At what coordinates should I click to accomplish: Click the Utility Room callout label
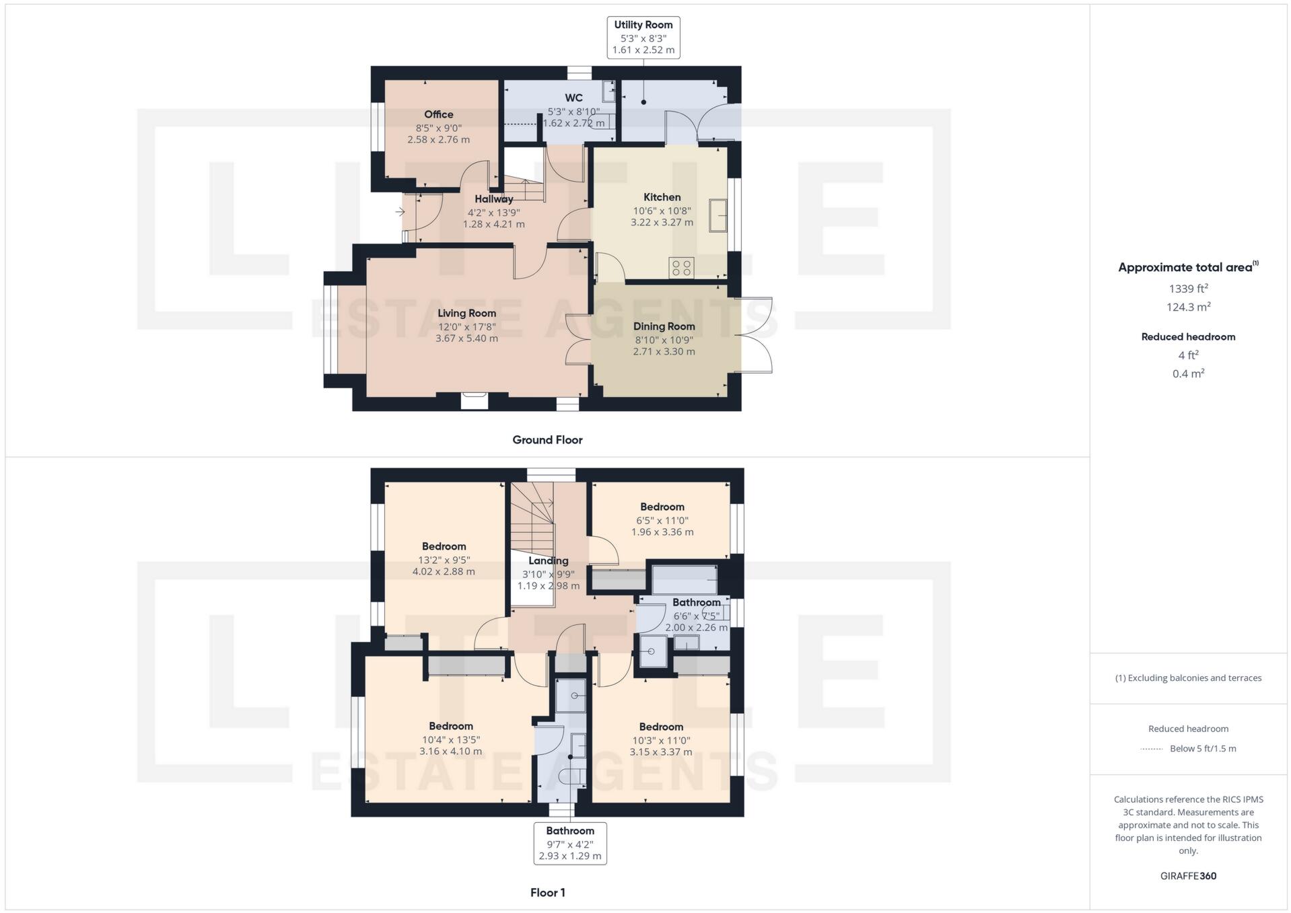[643, 37]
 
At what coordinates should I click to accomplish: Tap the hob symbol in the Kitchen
[681, 268]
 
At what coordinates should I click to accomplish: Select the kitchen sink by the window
[718, 215]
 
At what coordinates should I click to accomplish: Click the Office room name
[438, 114]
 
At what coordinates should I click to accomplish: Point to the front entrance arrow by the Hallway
[400, 212]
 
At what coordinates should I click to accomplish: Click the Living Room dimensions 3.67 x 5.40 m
[466, 338]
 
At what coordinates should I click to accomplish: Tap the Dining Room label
[664, 326]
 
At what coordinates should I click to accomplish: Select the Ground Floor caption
[547, 439]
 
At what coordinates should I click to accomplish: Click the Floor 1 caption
[547, 892]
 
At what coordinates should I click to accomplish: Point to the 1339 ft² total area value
[1188, 289]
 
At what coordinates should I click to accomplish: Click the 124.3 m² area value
[1188, 307]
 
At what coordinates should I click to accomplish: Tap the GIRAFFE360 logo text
[1188, 875]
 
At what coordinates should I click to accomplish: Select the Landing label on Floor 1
[548, 560]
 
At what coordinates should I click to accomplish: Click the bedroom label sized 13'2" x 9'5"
[444, 546]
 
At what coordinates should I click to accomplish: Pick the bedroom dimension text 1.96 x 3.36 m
[662, 532]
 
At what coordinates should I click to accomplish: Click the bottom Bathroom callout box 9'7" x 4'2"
[570, 843]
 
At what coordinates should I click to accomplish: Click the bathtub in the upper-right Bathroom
[684, 579]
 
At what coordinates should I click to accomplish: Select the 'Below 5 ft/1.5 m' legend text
[1203, 748]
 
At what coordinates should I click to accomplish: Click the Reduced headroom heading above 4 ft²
[1188, 336]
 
